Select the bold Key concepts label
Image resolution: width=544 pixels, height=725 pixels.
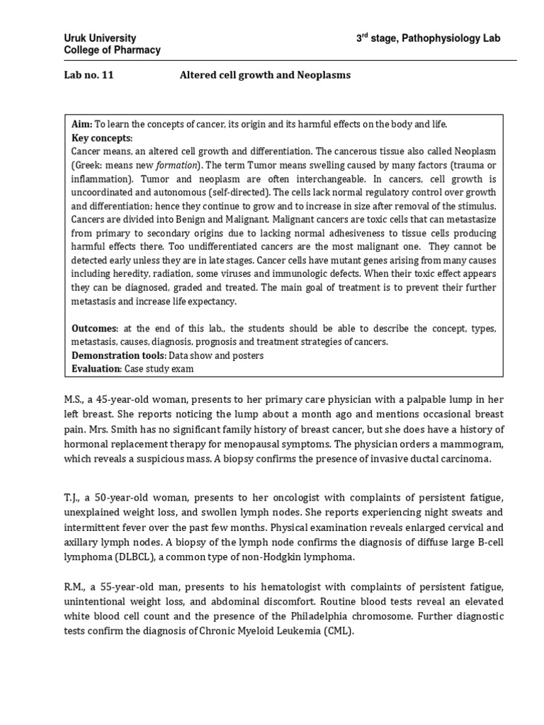pyautogui.click(x=102, y=138)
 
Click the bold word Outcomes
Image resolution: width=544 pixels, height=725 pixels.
pyautogui.click(x=94, y=329)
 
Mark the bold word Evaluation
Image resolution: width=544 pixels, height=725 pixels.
pyautogui.click(x=96, y=369)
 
